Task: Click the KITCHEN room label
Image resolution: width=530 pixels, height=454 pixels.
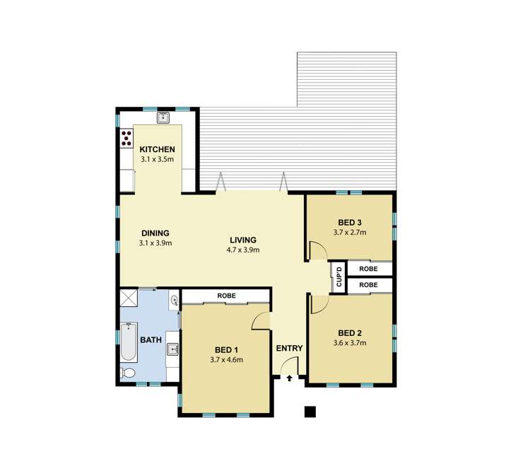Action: pos(157,149)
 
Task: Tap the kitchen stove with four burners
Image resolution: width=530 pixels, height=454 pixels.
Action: pos(127,138)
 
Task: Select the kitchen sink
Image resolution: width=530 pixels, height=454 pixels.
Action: pos(163,118)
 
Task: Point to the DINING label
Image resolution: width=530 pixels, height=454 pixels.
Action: pos(155,233)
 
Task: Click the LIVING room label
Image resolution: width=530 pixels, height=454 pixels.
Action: pos(242,240)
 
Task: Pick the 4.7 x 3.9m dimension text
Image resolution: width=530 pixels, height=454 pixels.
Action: pos(242,250)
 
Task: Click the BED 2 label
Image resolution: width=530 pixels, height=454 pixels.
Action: pos(350,333)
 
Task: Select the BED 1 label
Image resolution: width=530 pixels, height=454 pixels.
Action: pos(227,349)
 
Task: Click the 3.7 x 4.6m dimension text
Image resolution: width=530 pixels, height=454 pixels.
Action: pos(227,360)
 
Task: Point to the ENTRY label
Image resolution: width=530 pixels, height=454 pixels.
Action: pos(290,348)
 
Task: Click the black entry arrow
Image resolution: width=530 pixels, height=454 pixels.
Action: pos(290,379)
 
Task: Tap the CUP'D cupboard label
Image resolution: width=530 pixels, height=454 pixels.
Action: pos(339,277)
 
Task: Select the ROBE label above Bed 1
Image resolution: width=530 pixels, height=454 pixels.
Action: pos(226,296)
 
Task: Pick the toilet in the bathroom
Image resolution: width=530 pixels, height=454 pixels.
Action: pos(128,373)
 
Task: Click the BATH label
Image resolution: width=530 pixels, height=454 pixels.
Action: pos(151,340)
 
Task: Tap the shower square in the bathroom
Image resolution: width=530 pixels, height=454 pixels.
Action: pos(128,297)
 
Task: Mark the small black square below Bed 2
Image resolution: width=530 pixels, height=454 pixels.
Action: pos(309,412)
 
